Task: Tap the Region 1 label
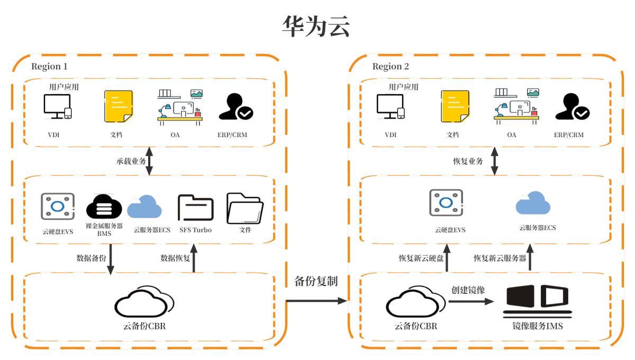49,66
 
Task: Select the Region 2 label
391,66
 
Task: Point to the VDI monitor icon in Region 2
391,106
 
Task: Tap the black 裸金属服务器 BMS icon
104,207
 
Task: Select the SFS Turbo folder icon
195,208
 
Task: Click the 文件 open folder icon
244,209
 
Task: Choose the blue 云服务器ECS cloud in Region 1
144,207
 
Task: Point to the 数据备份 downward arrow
111,259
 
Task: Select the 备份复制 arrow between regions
316,301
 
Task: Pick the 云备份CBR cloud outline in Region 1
144,302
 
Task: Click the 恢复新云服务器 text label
500,258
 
